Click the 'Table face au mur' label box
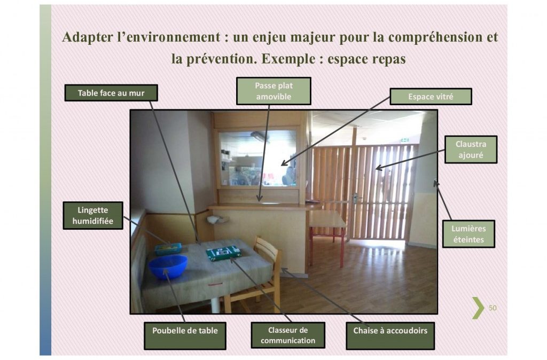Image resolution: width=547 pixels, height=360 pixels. click(111, 93)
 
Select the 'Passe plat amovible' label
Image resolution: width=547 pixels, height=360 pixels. click(273, 91)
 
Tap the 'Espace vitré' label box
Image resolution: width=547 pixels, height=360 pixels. click(431, 97)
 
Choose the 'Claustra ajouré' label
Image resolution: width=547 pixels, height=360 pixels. click(471, 150)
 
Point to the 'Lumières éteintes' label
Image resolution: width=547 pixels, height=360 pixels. click(468, 234)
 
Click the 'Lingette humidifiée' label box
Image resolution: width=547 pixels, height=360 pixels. click(93, 216)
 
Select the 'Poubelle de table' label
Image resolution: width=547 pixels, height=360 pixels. click(185, 335)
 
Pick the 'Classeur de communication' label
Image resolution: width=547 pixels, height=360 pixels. click(288, 335)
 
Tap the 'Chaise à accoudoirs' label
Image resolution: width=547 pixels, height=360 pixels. click(390, 335)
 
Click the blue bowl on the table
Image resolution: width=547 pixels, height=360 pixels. click(168, 267)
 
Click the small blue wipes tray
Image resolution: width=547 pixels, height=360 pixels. click(168, 248)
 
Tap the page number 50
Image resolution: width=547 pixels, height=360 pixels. click(492, 308)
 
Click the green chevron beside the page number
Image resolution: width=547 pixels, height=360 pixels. click(478, 308)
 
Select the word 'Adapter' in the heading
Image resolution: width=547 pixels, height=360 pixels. click(87, 37)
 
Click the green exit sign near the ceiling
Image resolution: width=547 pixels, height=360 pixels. click(405, 140)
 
